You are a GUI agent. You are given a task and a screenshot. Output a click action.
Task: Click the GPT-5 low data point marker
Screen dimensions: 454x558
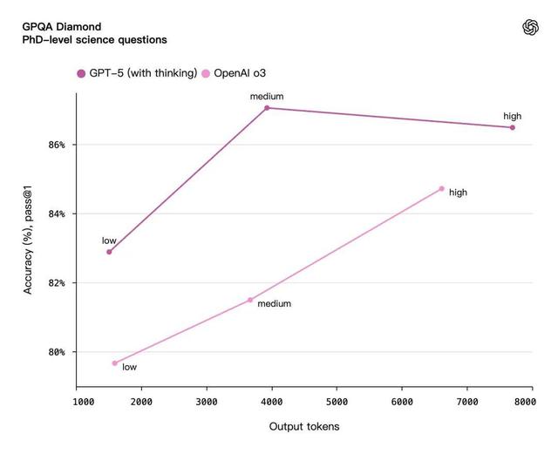click(109, 252)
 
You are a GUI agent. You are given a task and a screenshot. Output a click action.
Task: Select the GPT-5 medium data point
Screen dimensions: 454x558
click(267, 108)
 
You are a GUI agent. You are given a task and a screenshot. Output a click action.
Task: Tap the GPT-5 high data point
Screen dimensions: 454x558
click(512, 127)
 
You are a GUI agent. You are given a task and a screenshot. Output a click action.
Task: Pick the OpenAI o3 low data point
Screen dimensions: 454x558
click(114, 363)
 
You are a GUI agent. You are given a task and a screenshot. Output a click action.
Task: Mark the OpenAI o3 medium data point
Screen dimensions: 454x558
click(250, 300)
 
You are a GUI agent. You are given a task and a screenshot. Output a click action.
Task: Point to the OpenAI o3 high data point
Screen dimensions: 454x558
click(441, 188)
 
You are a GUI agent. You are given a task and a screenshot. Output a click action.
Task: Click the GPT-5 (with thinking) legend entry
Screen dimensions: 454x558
click(138, 73)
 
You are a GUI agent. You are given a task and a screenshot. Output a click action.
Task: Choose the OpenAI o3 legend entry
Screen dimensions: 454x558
click(241, 73)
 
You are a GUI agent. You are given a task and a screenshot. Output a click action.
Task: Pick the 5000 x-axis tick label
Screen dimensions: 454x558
click(337, 402)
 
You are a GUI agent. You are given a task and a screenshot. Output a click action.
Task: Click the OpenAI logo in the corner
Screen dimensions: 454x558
click(530, 28)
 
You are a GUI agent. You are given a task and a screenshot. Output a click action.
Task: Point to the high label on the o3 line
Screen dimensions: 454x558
click(459, 193)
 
